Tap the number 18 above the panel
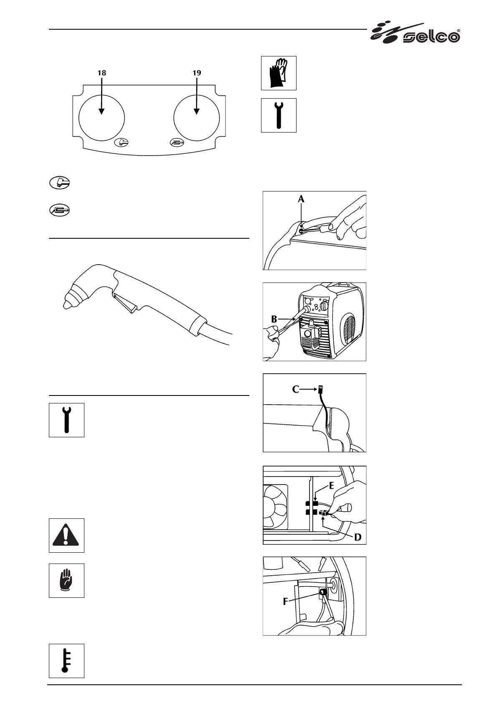101,73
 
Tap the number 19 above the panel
196,73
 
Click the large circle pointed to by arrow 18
101,116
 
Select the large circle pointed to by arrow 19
196,116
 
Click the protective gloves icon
279,73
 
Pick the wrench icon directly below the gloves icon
279,115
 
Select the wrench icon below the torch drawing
66,420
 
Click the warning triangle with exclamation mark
66,536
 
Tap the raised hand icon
66,581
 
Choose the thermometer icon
66,661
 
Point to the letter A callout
301,200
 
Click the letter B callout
274,319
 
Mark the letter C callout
296,389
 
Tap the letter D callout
358,537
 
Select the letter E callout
331,485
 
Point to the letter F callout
286,602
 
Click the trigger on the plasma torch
124,303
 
